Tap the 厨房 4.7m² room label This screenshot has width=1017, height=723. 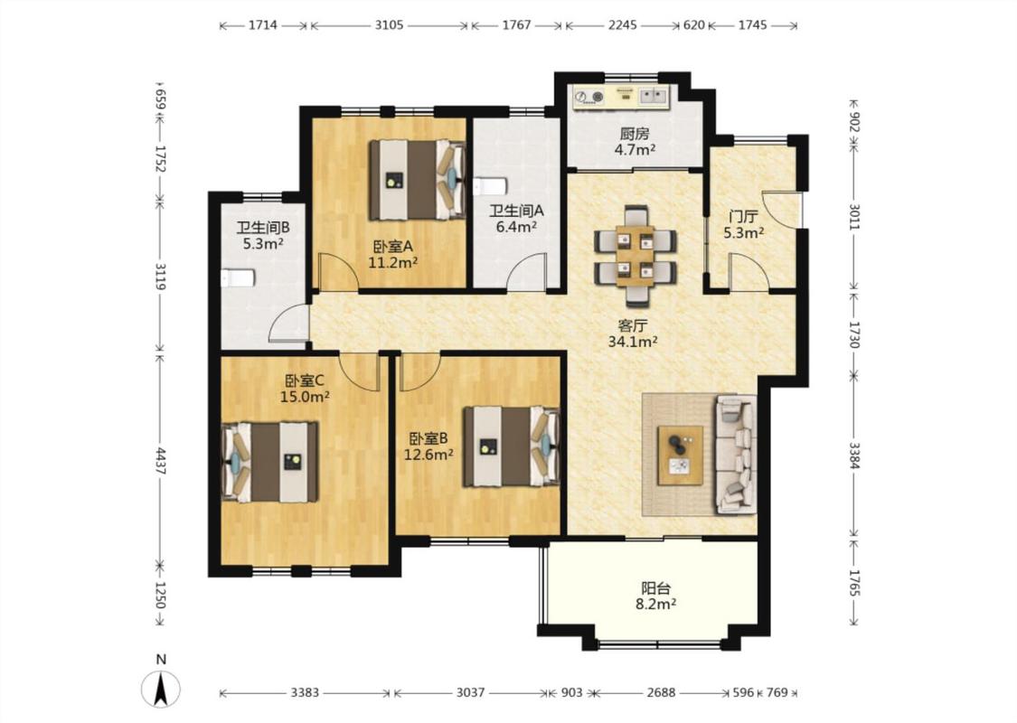(635, 142)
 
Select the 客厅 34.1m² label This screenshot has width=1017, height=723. (633, 333)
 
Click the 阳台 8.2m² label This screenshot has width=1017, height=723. (655, 596)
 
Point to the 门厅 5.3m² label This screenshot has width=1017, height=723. (743, 224)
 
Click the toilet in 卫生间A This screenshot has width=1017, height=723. (489, 187)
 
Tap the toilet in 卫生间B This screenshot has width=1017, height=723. (238, 278)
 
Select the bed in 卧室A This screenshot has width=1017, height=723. (418, 180)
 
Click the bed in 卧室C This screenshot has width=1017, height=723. (269, 462)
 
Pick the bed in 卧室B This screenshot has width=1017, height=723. (512, 446)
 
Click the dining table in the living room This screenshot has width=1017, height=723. (636, 256)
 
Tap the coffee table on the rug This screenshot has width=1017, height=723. (681, 455)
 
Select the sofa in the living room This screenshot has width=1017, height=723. (736, 455)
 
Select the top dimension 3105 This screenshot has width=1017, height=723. (389, 25)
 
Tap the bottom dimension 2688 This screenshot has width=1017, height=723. (661, 692)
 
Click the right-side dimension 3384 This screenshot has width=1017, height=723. (854, 455)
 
